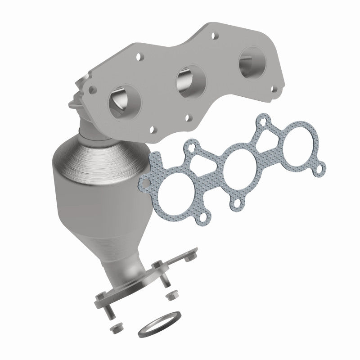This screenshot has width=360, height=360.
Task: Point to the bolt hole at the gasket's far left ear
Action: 145,183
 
